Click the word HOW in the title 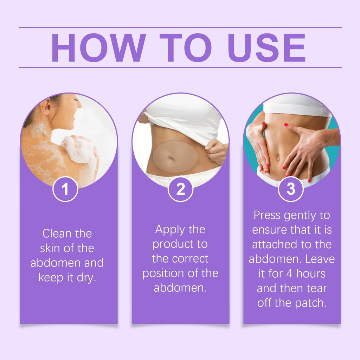(98, 48)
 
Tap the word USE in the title (266, 48)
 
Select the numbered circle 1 (65, 189)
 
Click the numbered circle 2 (180, 189)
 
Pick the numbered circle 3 (291, 189)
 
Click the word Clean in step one (57, 234)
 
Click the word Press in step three (267, 216)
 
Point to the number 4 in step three (289, 274)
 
